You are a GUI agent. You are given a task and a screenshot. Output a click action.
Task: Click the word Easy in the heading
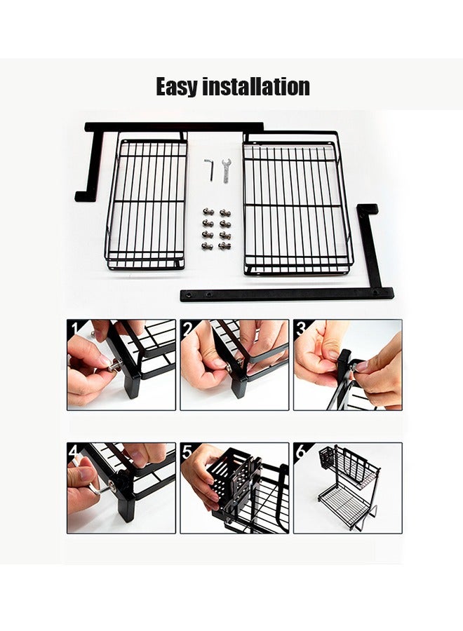pos(177,87)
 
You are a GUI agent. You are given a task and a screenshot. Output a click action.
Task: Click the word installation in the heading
pos(256,87)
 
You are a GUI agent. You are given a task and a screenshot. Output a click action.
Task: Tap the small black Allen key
pos(208,169)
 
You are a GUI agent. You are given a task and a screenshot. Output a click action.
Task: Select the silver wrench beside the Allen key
pos(226,170)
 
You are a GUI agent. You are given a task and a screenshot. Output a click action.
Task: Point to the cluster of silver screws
pos(216,229)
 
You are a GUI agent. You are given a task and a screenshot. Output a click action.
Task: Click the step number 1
pos(74,327)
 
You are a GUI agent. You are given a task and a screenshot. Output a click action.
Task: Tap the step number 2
pos(187,327)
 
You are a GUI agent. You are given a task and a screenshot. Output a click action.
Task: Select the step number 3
pos(300,327)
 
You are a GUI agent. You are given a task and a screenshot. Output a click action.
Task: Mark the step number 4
pos(74,450)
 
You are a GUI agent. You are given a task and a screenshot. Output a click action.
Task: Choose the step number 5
pos(187,450)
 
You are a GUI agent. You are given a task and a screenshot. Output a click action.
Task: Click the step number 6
pos(300,450)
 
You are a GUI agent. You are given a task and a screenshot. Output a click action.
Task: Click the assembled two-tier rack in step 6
pos(349,487)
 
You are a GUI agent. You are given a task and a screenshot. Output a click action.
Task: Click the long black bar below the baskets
pos(281,294)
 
